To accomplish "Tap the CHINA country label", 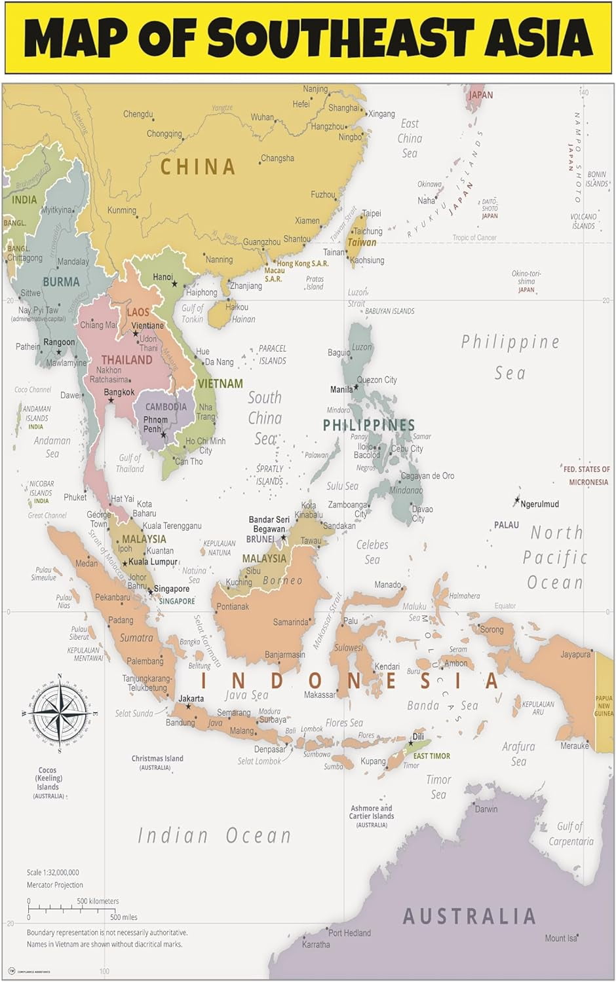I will coord(198,167).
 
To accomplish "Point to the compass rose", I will coord(60,712).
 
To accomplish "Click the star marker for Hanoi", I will coord(174,283).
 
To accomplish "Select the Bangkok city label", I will coord(119,392).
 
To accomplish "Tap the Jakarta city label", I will coord(191,699).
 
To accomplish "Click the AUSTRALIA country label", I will coord(469,916).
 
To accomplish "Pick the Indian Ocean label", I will coord(214,835).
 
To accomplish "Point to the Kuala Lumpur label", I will coord(153,562).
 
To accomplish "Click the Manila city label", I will coord(341,390).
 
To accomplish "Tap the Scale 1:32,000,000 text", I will coord(52,872).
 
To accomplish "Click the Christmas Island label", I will coord(157,759).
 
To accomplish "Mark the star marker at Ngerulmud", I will coord(517,501).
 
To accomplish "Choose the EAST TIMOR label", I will coord(431,756).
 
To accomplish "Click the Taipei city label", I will coord(372,213).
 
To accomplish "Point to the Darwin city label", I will coord(486,809).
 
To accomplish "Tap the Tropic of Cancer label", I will coord(474,238).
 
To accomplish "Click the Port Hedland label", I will coord(349,933).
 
